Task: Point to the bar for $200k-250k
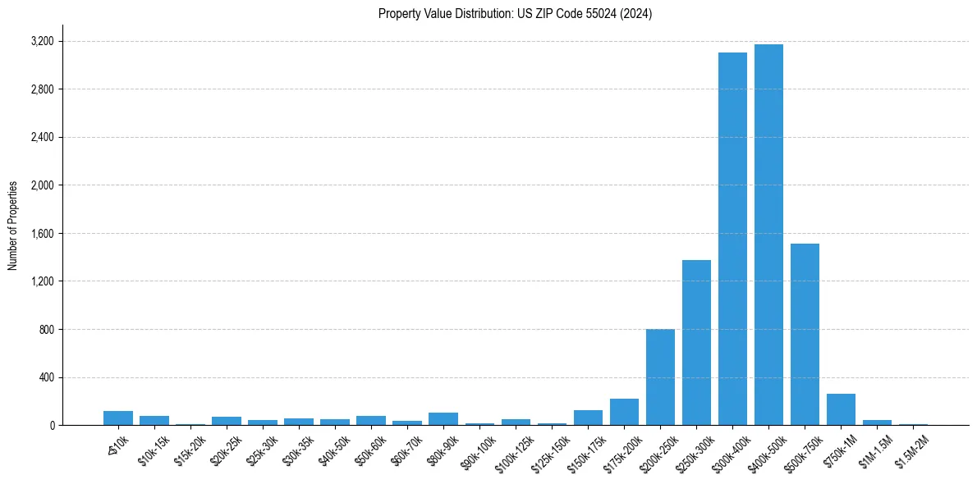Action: click(x=660, y=377)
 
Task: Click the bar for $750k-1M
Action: click(x=841, y=409)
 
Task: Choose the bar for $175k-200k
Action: click(x=624, y=413)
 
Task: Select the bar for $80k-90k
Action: click(x=443, y=419)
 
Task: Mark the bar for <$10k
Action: click(x=118, y=418)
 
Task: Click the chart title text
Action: click(x=515, y=14)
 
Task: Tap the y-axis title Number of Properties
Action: click(x=13, y=226)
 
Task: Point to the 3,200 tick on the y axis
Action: click(x=41, y=41)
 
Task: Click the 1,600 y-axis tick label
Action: click(x=41, y=234)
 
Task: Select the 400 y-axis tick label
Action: click(x=46, y=378)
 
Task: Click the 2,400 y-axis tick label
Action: click(x=41, y=137)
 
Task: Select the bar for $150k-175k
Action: click(x=588, y=418)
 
